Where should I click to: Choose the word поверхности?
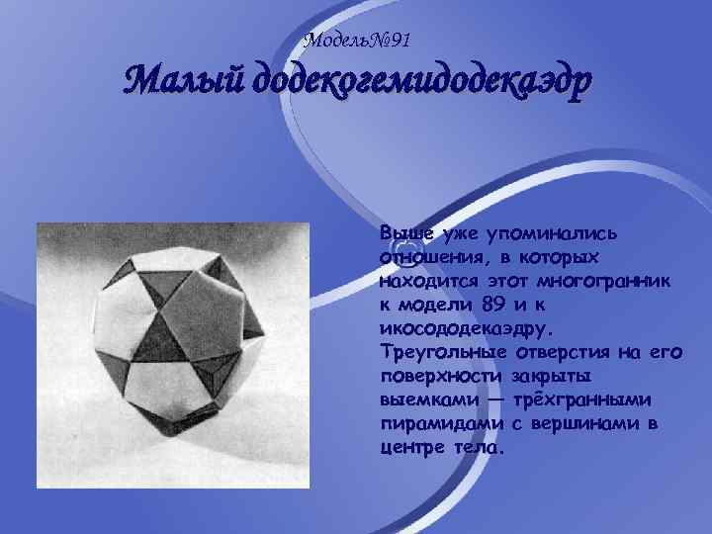coord(442,375)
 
